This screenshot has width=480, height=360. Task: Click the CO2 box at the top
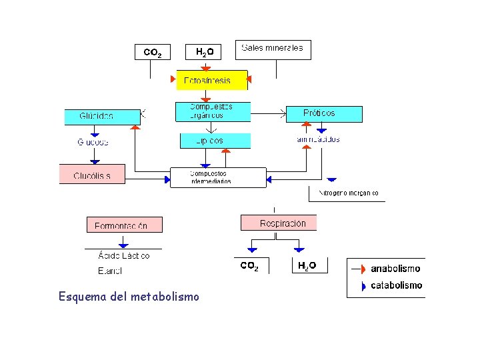coord(152,52)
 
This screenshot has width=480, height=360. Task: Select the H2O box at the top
coord(205,52)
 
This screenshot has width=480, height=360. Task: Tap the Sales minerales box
coord(273,49)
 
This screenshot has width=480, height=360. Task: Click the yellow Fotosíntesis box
coord(211,80)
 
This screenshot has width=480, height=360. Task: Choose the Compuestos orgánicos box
coord(213,111)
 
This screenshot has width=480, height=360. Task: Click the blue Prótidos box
coord(324,114)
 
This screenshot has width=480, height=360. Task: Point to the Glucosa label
coord(93,142)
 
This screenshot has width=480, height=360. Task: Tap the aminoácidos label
coord(318,139)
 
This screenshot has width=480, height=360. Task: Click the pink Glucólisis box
coord(92,174)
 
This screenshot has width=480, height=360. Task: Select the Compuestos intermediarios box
coord(217,177)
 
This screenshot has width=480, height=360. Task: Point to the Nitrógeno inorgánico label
coord(347,193)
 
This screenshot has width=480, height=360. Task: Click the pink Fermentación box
coord(124,225)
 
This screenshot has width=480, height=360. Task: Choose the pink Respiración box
coord(279,223)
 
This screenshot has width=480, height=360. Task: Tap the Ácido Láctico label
coord(123,255)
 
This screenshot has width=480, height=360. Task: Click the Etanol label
coord(109,271)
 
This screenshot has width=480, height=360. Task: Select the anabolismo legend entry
coord(395,269)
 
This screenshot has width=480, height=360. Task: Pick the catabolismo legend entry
coord(395,285)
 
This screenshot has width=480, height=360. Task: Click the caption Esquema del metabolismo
coord(129,296)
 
